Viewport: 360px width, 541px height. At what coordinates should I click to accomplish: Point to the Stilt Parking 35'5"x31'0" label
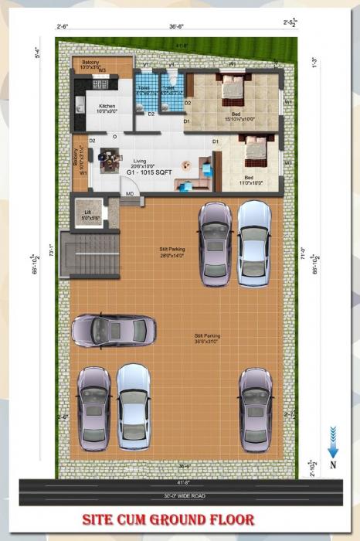[207, 338]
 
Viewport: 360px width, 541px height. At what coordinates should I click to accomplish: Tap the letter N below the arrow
[332, 464]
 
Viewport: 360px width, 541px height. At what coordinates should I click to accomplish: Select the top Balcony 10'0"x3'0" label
[91, 65]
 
